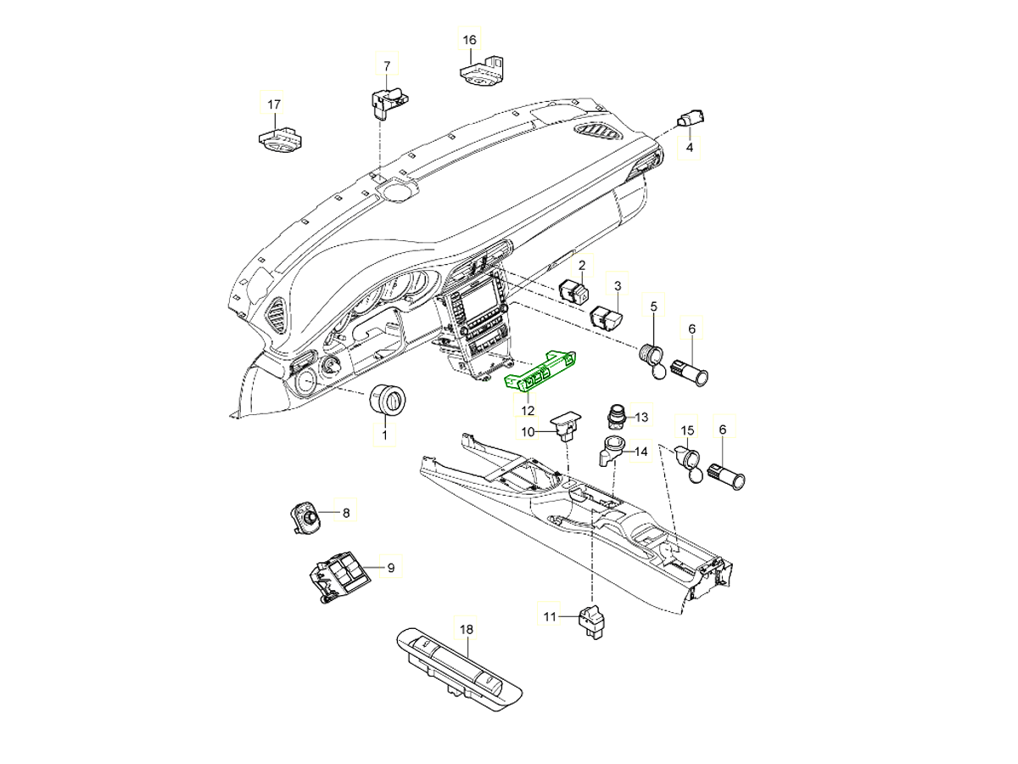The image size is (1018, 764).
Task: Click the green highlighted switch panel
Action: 541,372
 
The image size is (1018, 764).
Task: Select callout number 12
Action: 528,411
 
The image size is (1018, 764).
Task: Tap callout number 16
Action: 469,40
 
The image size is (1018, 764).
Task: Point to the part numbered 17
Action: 279,138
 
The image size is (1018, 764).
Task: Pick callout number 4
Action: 690,148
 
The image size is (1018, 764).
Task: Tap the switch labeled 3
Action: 607,317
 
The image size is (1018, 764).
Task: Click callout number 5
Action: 654,306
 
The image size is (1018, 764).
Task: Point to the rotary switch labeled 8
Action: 306,516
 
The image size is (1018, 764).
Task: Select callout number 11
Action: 550,617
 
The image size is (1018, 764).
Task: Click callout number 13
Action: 640,417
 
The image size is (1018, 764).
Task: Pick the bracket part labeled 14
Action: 611,450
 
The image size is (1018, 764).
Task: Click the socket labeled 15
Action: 689,463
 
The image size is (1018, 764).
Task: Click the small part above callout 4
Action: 692,119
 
